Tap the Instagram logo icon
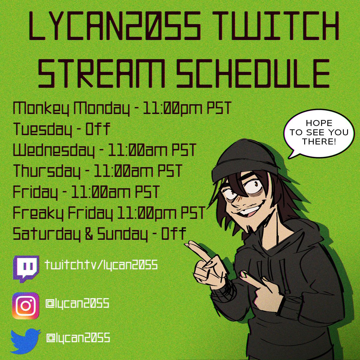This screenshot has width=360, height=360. (26, 306)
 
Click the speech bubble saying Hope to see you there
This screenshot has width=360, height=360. (318, 133)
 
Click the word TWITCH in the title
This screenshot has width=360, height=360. (277, 26)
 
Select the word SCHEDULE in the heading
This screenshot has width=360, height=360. (253, 73)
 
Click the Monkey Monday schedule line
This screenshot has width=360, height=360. (121, 108)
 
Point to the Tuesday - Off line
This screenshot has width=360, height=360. (61, 129)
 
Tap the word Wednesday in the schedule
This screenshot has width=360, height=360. (54, 151)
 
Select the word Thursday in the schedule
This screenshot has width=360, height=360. (46, 172)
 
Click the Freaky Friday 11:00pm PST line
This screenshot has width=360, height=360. (109, 213)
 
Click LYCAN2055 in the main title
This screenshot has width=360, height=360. (115, 26)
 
